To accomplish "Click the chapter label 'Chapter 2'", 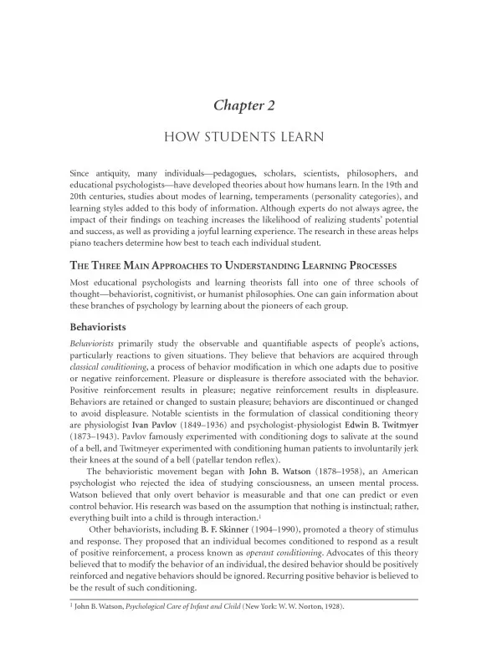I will (x=251, y=105).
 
